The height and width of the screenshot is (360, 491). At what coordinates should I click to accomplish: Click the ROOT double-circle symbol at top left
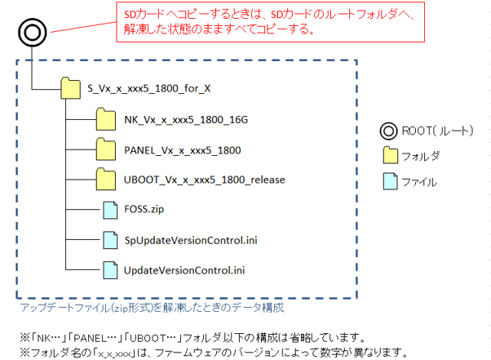click(31, 33)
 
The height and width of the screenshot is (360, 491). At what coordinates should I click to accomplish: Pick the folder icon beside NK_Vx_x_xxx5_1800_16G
click(106, 121)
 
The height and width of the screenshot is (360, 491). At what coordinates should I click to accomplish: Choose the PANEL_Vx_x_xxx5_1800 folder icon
click(106, 150)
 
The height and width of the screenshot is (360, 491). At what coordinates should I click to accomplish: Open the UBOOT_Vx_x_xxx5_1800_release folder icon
click(106, 179)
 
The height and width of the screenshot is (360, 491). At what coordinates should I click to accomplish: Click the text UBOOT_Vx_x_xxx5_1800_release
click(204, 180)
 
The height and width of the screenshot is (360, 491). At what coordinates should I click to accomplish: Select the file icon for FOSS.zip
click(109, 210)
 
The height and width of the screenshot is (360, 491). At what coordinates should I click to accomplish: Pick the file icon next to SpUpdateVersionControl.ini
click(109, 239)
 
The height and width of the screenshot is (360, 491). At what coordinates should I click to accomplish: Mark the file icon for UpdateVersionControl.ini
click(109, 269)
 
